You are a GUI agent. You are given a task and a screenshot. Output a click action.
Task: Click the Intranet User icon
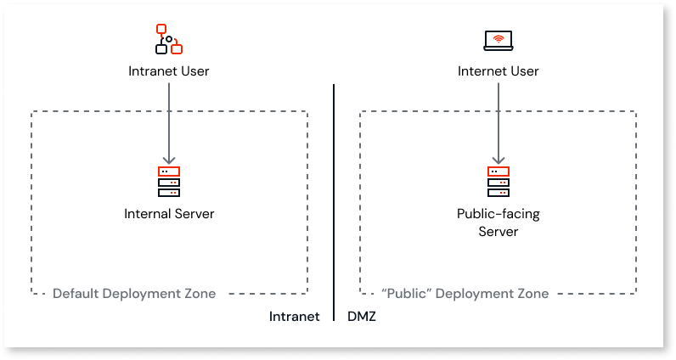coord(169,39)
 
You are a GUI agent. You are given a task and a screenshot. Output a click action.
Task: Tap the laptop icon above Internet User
coord(499,40)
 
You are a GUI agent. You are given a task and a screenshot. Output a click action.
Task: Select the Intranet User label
coord(169,71)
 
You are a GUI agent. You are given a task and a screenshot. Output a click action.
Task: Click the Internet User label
coord(499,71)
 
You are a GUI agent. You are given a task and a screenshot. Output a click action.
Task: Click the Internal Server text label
coord(169,214)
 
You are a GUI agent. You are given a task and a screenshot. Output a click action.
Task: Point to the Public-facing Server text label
coord(499,222)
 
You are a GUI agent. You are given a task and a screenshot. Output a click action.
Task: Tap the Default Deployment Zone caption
coord(134,294)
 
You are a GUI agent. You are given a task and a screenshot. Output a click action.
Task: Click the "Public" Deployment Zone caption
coord(465,294)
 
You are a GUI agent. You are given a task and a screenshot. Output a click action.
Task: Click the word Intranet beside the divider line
coord(294,317)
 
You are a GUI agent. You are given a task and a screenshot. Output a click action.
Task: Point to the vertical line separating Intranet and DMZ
coord(334,204)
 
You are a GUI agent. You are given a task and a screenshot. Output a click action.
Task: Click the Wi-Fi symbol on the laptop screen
coord(499,38)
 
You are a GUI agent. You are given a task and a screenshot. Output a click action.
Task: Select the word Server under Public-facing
coord(499,231)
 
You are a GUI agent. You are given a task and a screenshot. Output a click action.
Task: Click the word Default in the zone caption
coord(76,294)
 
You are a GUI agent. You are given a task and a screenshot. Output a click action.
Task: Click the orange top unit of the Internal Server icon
coord(169,172)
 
